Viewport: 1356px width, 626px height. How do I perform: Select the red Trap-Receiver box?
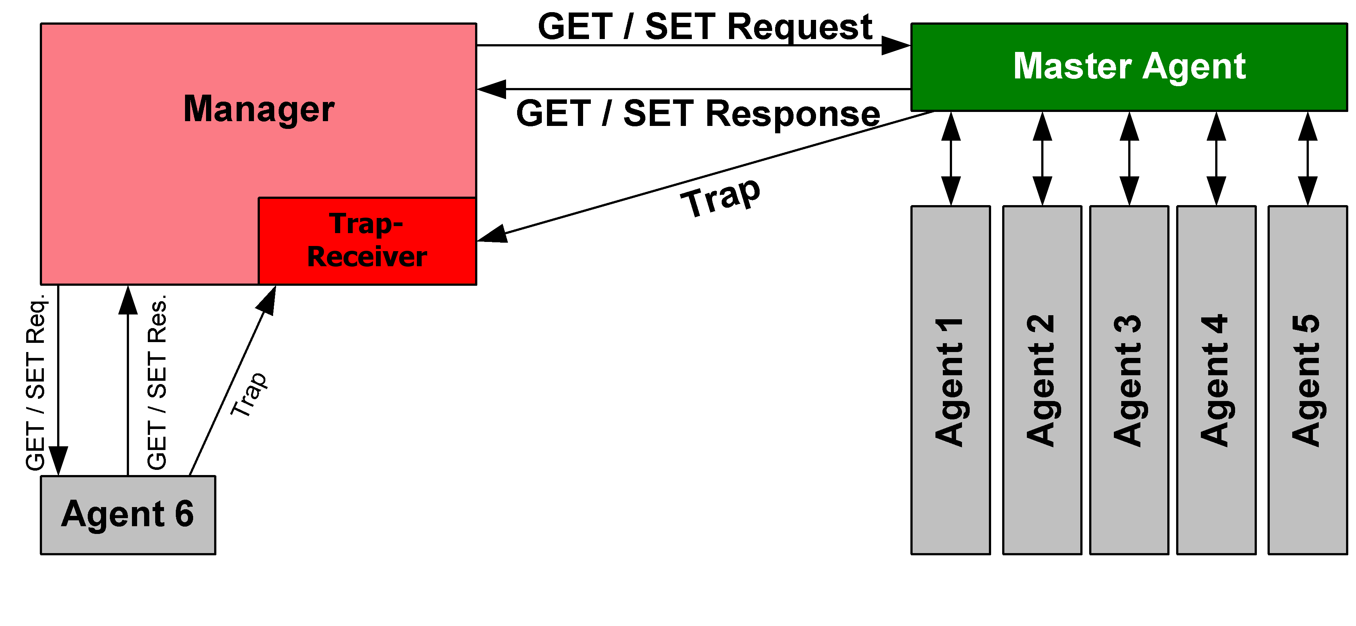pos(367,241)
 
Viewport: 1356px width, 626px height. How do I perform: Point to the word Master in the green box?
pos(1072,66)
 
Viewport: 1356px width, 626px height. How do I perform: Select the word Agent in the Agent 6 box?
pos(113,514)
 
